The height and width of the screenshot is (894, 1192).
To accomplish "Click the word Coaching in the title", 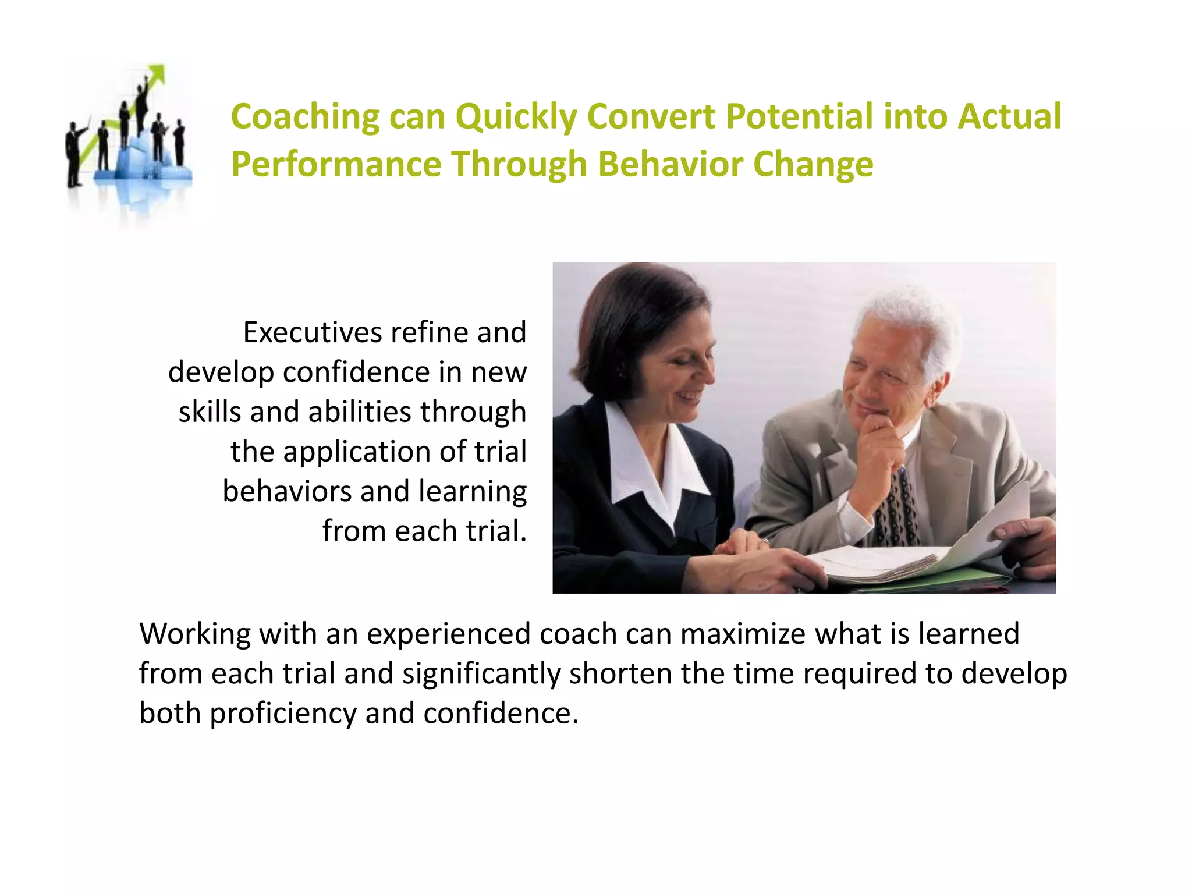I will [305, 117].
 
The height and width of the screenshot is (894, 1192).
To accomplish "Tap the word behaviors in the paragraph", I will [286, 491].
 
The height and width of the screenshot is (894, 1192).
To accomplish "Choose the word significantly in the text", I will [481, 674].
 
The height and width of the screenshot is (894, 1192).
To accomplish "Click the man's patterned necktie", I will [896, 506].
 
